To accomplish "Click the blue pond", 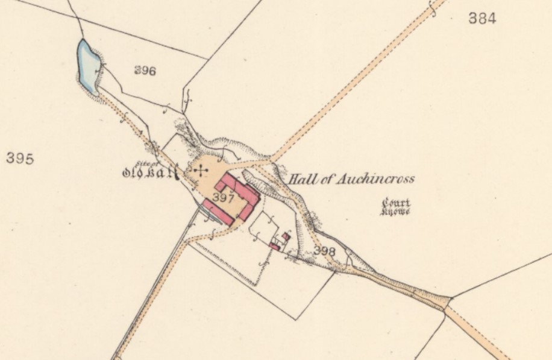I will coord(88,65).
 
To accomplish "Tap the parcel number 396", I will coord(145,71).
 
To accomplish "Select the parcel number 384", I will coord(482,19).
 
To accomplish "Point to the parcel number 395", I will coord(20,159).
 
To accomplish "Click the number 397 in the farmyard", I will coord(224,197).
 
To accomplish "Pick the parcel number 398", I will coord(325,250).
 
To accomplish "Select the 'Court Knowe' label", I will coord(396,206).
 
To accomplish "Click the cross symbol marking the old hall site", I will coord(199,172).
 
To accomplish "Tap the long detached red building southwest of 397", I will coord(218,212).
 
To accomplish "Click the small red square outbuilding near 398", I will coord(286,236).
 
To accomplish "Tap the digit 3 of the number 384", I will coord(473,19).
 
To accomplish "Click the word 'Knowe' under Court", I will coord(396,211).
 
